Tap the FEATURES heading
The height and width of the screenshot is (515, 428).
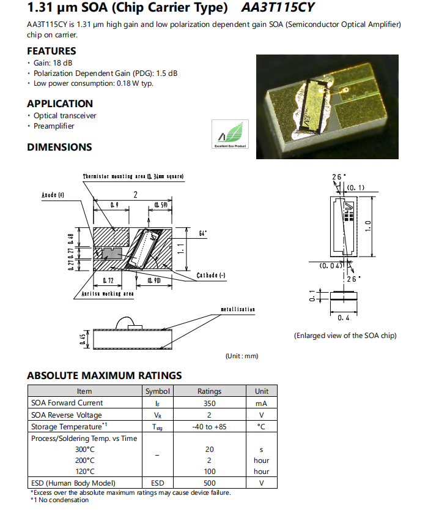tap(51, 51)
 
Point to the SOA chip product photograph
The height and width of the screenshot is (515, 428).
tap(328, 107)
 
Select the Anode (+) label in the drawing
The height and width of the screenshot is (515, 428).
tap(53, 195)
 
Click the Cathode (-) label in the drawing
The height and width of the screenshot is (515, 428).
tap(211, 276)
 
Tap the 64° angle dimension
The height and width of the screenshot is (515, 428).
tap(203, 233)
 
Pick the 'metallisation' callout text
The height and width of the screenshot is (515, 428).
tap(237, 310)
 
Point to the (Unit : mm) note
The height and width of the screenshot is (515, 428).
tap(242, 356)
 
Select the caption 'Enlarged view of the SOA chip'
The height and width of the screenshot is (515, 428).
tap(345, 336)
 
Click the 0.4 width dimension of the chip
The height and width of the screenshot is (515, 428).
tap(344, 318)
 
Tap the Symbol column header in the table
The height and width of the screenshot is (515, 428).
tap(158, 391)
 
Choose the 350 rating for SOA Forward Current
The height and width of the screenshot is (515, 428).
tap(209, 403)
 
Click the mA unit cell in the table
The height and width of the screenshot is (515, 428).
tap(261, 403)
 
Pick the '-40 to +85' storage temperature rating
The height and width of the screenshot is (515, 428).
tap(209, 426)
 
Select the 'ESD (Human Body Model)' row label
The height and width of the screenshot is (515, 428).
tap(73, 483)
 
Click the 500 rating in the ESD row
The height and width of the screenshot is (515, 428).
tap(209, 483)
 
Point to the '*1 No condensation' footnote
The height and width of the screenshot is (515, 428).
tap(59, 500)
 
